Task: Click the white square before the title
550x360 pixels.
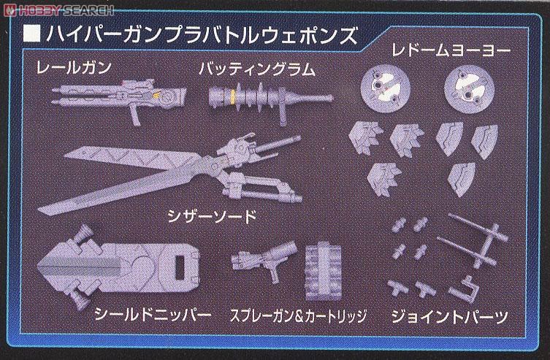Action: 31,34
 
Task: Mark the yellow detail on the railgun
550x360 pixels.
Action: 156,94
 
